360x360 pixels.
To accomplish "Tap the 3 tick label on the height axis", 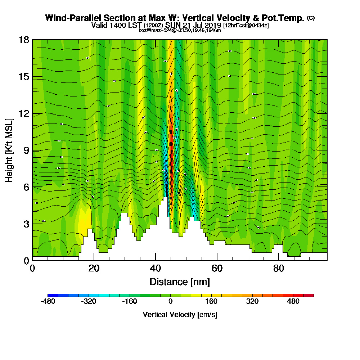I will pos(26,224).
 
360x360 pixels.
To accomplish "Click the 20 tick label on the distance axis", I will pos(94,269).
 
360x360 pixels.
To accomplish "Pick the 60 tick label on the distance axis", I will pos(217,269).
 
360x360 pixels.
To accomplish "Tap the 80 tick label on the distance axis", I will pos(279,269).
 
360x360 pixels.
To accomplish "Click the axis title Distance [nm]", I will pos(180,281).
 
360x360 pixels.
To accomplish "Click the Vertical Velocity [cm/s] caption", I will pos(180,315).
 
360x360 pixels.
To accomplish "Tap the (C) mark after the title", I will pos(311,18).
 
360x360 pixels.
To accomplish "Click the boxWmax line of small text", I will pos(180,30).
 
